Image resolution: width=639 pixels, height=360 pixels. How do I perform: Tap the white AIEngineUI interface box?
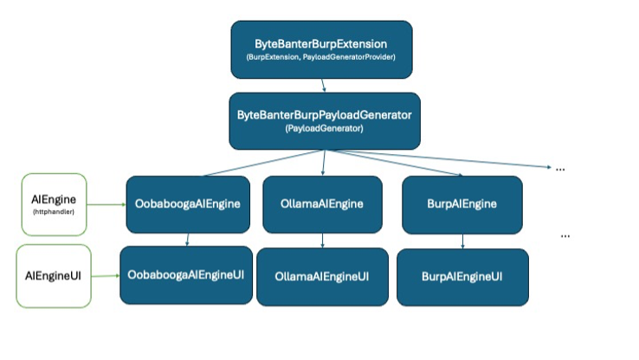point(54,275)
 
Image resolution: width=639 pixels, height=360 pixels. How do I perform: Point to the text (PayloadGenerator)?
point(324,129)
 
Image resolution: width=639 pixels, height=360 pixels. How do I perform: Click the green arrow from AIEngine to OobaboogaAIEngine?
point(106,205)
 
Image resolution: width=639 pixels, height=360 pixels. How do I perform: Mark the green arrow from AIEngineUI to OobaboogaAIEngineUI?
point(106,276)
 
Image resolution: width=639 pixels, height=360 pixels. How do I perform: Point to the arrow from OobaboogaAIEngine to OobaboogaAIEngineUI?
point(186,240)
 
